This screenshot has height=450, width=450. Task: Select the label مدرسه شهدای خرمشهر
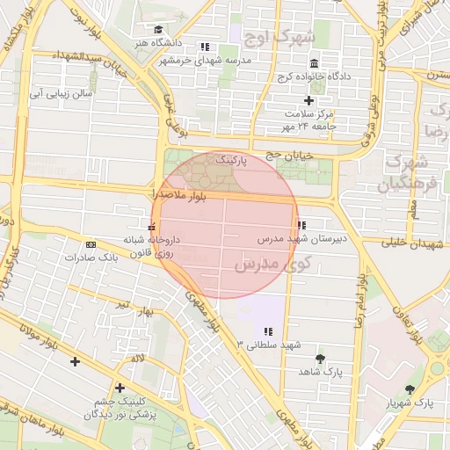click(x=204, y=60)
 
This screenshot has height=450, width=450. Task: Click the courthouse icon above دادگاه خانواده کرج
click(x=315, y=63)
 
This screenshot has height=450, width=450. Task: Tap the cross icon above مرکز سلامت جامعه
click(x=308, y=101)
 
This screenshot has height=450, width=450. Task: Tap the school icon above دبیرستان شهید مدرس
click(x=301, y=225)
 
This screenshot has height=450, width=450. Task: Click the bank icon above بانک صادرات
click(x=91, y=244)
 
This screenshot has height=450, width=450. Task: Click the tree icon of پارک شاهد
click(x=318, y=359)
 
